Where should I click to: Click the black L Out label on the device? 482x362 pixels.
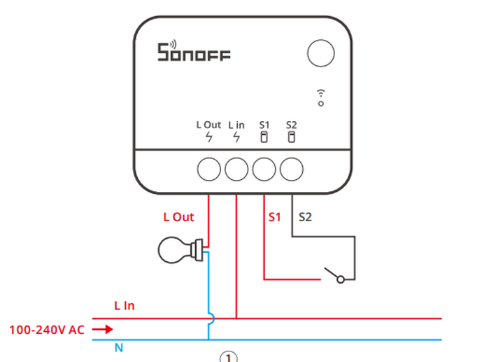click(208, 125)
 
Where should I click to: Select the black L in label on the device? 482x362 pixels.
click(236, 125)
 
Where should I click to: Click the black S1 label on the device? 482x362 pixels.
click(264, 125)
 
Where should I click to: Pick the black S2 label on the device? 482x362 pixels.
click(292, 125)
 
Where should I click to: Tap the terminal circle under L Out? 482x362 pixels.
click(209, 169)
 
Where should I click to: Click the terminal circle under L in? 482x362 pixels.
click(236, 169)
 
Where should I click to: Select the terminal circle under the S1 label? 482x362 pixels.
click(264, 169)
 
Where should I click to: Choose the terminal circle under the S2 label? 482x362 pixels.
click(291, 169)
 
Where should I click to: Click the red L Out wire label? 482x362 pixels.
click(178, 217)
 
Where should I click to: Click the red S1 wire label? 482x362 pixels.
click(274, 217)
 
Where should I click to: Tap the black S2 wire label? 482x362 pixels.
click(305, 217)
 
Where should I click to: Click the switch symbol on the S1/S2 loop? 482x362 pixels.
click(334, 274)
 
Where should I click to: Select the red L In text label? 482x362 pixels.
click(125, 306)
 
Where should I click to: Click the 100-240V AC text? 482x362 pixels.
click(47, 329)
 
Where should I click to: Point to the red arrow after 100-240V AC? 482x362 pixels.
click(102, 329)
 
